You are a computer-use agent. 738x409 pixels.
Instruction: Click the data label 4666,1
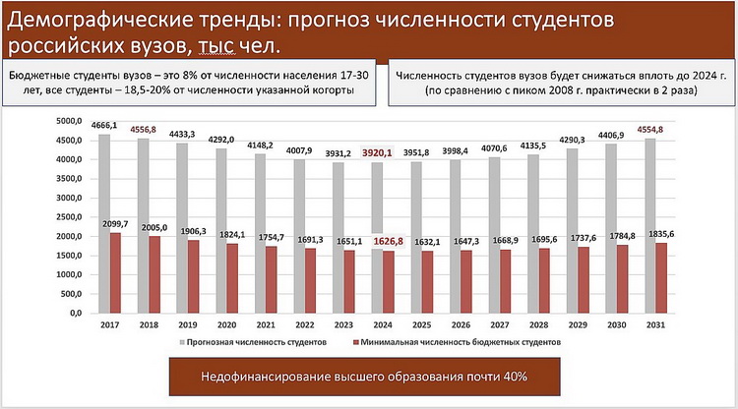click(104, 126)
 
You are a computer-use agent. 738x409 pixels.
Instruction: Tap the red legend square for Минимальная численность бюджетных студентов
click(349, 341)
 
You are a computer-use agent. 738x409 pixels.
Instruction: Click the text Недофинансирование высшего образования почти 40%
click(364, 377)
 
